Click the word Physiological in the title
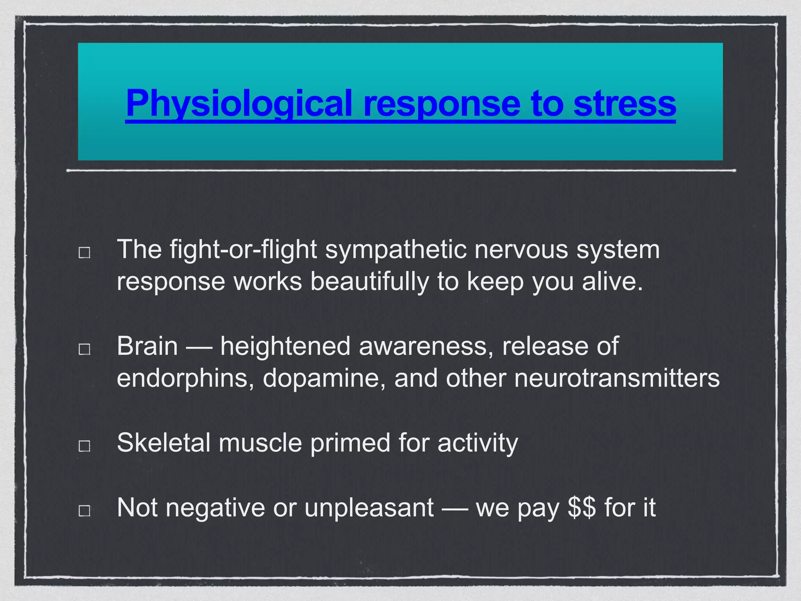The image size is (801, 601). coord(239,103)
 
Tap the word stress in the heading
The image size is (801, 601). coord(625,103)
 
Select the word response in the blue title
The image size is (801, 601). coord(442,103)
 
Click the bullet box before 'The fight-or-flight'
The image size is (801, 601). coord(84,252)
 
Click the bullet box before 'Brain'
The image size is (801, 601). coord(84,349)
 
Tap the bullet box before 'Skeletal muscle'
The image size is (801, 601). coord(84,446)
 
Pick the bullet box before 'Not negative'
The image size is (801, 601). coord(84,510)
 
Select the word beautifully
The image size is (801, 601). coord(369,281)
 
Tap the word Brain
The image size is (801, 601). coord(147,346)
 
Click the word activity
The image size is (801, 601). coord(478,443)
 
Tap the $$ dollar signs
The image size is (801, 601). coord(582,507)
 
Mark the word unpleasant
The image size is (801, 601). coord(369,507)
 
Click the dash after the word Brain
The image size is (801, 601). coord(199,347)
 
